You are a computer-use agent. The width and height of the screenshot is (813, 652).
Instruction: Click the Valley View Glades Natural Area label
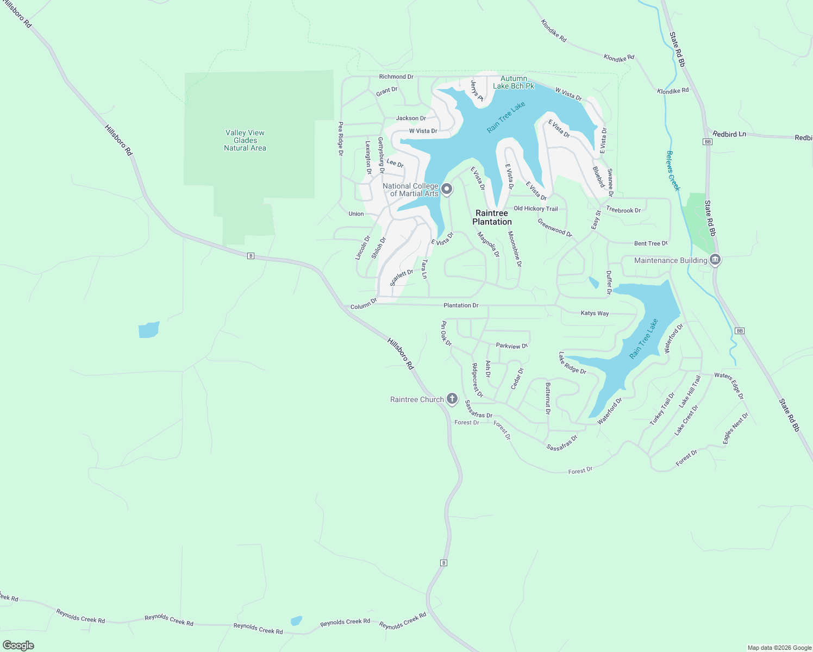(x=245, y=140)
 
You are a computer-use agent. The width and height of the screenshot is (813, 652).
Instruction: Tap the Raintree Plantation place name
(x=492, y=217)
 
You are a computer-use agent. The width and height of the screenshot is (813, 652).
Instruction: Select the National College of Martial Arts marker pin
(x=447, y=189)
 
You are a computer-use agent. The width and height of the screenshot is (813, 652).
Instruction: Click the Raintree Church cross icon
(x=452, y=399)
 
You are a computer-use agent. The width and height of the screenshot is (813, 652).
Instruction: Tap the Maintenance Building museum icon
(x=715, y=260)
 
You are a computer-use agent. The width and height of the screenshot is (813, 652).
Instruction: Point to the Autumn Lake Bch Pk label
(x=514, y=82)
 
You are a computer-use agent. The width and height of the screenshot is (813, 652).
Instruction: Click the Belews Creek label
(x=673, y=171)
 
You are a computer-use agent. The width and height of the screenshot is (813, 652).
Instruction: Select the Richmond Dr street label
(x=396, y=77)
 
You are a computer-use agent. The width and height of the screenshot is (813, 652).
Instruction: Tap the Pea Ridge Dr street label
(x=341, y=139)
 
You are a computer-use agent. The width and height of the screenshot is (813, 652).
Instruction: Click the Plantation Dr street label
(x=461, y=305)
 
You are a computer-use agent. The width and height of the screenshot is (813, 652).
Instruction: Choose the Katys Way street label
(x=595, y=314)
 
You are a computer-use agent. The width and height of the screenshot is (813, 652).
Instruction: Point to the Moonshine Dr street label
(x=515, y=249)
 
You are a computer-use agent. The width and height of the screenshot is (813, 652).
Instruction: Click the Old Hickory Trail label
(x=535, y=209)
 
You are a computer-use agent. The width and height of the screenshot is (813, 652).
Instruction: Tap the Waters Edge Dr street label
(x=729, y=386)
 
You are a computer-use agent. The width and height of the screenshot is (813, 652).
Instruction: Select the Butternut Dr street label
(x=548, y=398)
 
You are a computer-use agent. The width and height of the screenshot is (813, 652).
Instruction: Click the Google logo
(x=18, y=645)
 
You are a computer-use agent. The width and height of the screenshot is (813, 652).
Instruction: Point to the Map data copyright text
(x=779, y=648)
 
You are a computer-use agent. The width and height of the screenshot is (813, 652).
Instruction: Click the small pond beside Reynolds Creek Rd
(x=296, y=620)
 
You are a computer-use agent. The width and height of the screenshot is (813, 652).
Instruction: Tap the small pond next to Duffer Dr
(x=594, y=283)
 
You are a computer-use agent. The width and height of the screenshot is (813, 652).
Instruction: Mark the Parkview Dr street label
(x=511, y=346)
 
